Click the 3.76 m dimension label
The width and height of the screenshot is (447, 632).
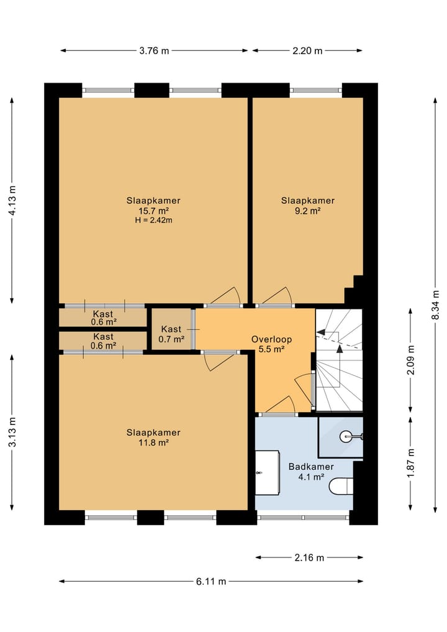[154, 51]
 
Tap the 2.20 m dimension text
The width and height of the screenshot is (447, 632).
[307, 51]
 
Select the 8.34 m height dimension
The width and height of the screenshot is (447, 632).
[435, 305]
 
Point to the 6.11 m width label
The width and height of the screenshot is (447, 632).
[211, 582]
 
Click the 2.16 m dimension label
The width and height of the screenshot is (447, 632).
[309, 558]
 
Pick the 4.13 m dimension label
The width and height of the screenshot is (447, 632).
[12, 200]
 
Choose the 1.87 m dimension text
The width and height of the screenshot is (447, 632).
[410, 463]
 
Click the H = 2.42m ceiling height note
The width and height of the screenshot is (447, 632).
[153, 221]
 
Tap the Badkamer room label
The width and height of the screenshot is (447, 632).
[311, 467]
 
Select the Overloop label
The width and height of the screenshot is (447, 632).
[271, 339]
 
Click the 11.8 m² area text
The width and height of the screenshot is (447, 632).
[153, 443]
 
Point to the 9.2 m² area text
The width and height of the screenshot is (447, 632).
[308, 211]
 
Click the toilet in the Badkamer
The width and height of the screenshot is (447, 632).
[341, 486]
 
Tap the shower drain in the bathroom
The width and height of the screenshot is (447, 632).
[346, 436]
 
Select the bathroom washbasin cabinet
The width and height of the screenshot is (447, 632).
[268, 473]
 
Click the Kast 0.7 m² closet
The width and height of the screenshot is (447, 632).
[171, 329]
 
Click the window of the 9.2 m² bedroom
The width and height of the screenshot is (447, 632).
[316, 90]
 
